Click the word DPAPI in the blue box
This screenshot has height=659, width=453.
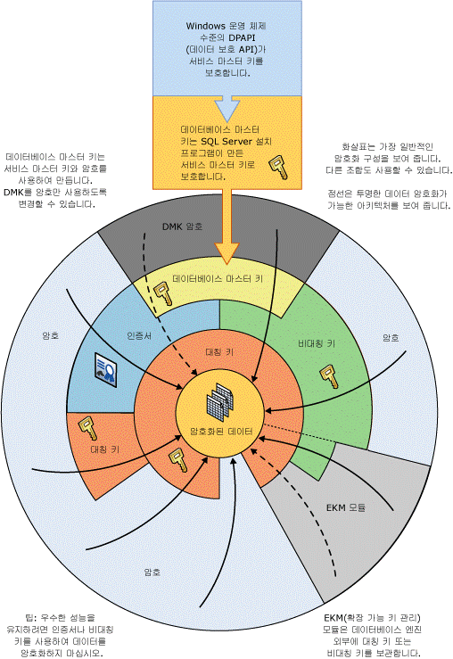click(242, 37)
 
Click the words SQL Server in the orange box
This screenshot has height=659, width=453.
click(226, 141)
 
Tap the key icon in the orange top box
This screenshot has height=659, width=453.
click(278, 168)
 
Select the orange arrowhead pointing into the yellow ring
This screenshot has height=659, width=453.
click(226, 253)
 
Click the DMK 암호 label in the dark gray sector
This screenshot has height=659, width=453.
click(183, 227)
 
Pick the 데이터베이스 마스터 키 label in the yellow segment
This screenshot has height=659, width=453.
click(218, 278)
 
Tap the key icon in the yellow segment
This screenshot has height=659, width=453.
click(163, 292)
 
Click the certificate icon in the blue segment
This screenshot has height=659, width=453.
click(105, 370)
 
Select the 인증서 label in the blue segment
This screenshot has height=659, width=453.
click(139, 336)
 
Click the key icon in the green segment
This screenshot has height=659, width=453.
click(329, 376)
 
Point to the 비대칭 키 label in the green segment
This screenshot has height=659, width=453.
click(317, 344)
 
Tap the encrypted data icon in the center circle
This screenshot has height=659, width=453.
click(219, 400)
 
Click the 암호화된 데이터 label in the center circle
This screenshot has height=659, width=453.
click(221, 432)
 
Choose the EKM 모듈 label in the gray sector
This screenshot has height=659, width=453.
click(346, 507)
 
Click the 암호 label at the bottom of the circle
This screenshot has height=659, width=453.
click(152, 572)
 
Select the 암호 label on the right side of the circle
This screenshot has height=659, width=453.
click(391, 337)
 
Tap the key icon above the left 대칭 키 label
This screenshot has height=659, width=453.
click(87, 428)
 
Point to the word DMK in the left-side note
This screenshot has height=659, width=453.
click(13, 192)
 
